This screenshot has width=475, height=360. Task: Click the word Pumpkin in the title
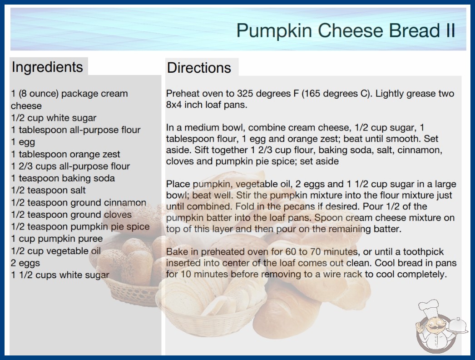(274, 31)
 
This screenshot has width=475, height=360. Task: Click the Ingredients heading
(47, 67)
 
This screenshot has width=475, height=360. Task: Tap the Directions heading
(199, 68)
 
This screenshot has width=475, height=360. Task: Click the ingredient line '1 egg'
(23, 142)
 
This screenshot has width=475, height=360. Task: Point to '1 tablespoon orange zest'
(65, 154)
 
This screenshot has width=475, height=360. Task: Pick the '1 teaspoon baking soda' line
(63, 178)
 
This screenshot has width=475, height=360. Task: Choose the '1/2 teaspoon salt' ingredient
(48, 190)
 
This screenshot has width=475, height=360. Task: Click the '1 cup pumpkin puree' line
(57, 239)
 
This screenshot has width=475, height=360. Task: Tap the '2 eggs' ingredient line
(25, 263)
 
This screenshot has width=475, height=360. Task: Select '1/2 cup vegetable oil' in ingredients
(56, 251)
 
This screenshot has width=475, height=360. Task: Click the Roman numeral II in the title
(450, 30)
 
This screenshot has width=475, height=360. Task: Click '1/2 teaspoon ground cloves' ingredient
(71, 215)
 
